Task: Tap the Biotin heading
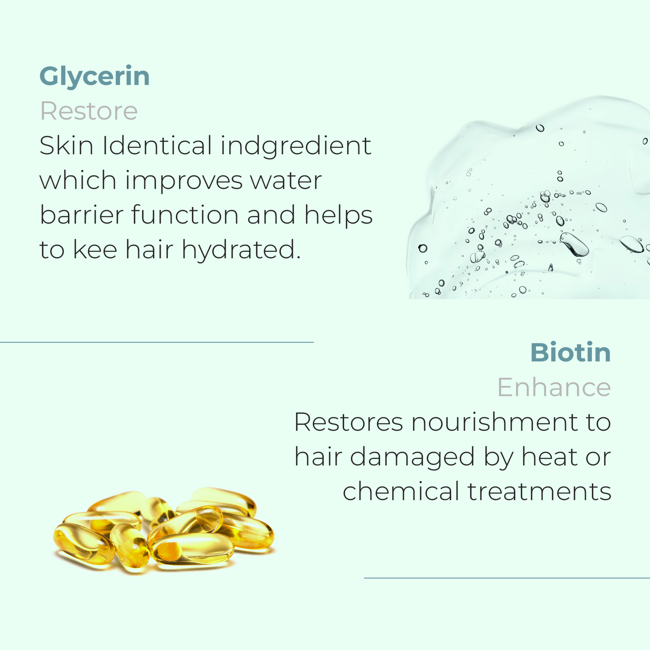[570, 353]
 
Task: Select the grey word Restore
[89, 111]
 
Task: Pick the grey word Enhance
[554, 387]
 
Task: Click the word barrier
[81, 214]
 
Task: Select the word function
[185, 214]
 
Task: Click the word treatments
[539, 492]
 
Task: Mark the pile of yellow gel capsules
[164, 531]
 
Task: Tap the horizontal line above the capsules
[157, 342]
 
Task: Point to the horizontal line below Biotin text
[507, 578]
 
